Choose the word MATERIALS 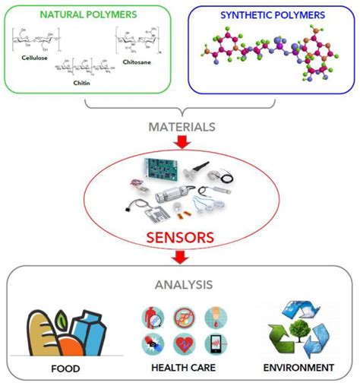click(x=181, y=127)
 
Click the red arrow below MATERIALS click(x=181, y=143)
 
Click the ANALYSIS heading click(x=181, y=286)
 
